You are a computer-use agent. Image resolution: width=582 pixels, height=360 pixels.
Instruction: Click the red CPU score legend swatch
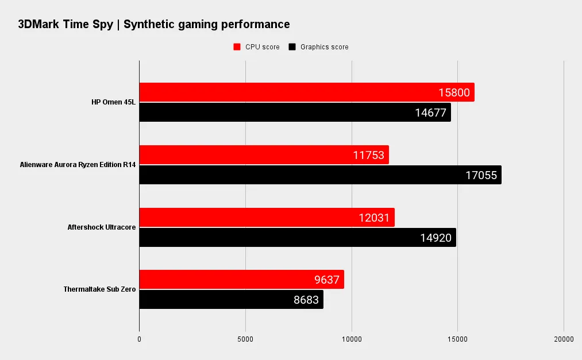tap(236, 47)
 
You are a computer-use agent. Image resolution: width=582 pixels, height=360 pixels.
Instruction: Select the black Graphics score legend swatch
tap(292, 47)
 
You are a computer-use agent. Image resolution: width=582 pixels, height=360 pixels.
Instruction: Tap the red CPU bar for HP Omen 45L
tap(287, 92)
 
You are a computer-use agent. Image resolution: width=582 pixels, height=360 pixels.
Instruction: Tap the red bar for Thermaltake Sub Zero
tap(230, 280)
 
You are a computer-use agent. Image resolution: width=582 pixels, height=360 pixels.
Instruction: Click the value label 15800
tap(454, 92)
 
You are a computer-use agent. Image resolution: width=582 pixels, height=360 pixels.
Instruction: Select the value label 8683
tap(306, 300)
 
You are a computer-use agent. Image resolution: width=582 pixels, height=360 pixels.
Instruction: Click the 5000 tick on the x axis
tap(245, 339)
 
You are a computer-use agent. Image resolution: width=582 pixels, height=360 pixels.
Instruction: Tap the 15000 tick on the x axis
tap(457, 339)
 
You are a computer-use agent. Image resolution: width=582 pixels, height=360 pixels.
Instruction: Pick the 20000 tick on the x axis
tap(564, 339)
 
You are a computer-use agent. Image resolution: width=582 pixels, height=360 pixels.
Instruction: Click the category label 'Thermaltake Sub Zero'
tap(99, 289)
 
